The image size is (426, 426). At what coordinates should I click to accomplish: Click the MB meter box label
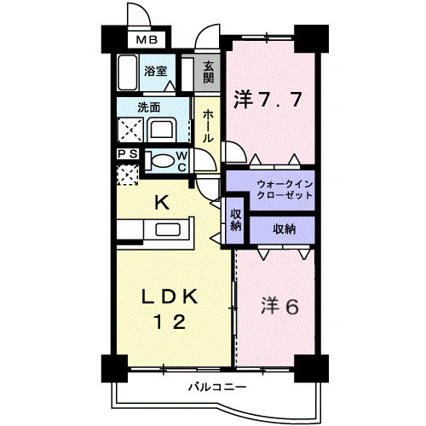[x=147, y=40]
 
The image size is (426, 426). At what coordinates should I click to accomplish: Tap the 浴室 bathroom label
[x=155, y=71]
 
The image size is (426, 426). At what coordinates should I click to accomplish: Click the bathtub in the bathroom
[x=128, y=72]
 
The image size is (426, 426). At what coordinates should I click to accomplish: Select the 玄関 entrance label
[x=209, y=72]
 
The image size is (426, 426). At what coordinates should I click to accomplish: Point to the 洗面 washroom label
[x=149, y=107]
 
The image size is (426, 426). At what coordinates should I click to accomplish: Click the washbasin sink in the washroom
[x=162, y=130]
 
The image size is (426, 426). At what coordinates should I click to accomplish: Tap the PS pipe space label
[x=128, y=154]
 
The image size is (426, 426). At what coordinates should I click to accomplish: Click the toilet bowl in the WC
[x=163, y=161]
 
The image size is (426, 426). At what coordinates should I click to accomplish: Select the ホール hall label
[x=208, y=126]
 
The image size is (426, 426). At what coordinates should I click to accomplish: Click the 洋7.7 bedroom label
[x=268, y=100]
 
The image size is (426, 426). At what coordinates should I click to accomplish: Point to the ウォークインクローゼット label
[x=285, y=189]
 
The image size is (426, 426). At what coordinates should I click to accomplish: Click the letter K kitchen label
[x=162, y=202]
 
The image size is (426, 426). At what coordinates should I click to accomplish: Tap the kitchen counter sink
[x=168, y=229]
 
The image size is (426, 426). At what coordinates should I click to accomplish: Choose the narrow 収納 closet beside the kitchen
[x=235, y=220]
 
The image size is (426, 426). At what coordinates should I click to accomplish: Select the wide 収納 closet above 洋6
[x=282, y=230]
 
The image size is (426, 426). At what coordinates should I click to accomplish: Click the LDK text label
[x=170, y=296]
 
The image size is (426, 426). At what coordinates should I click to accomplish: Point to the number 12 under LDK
[x=170, y=322]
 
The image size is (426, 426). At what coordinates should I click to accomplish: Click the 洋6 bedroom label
[x=279, y=306]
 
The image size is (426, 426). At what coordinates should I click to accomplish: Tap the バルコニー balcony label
[x=217, y=387]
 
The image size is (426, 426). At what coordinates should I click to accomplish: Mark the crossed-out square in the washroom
[x=130, y=130]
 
